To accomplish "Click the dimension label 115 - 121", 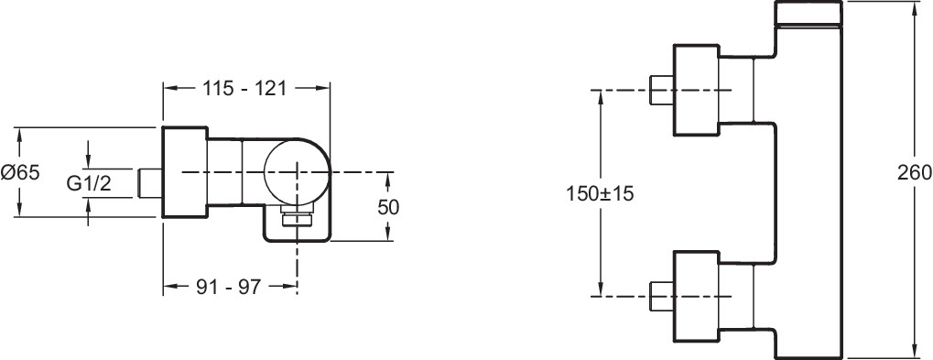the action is click(245, 89).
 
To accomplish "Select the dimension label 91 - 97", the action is click(229, 288).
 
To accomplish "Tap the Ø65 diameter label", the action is click(19, 172).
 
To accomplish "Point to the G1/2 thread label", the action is click(89, 184).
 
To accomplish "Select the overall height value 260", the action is click(915, 172).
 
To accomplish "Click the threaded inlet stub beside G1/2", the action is click(150, 182).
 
